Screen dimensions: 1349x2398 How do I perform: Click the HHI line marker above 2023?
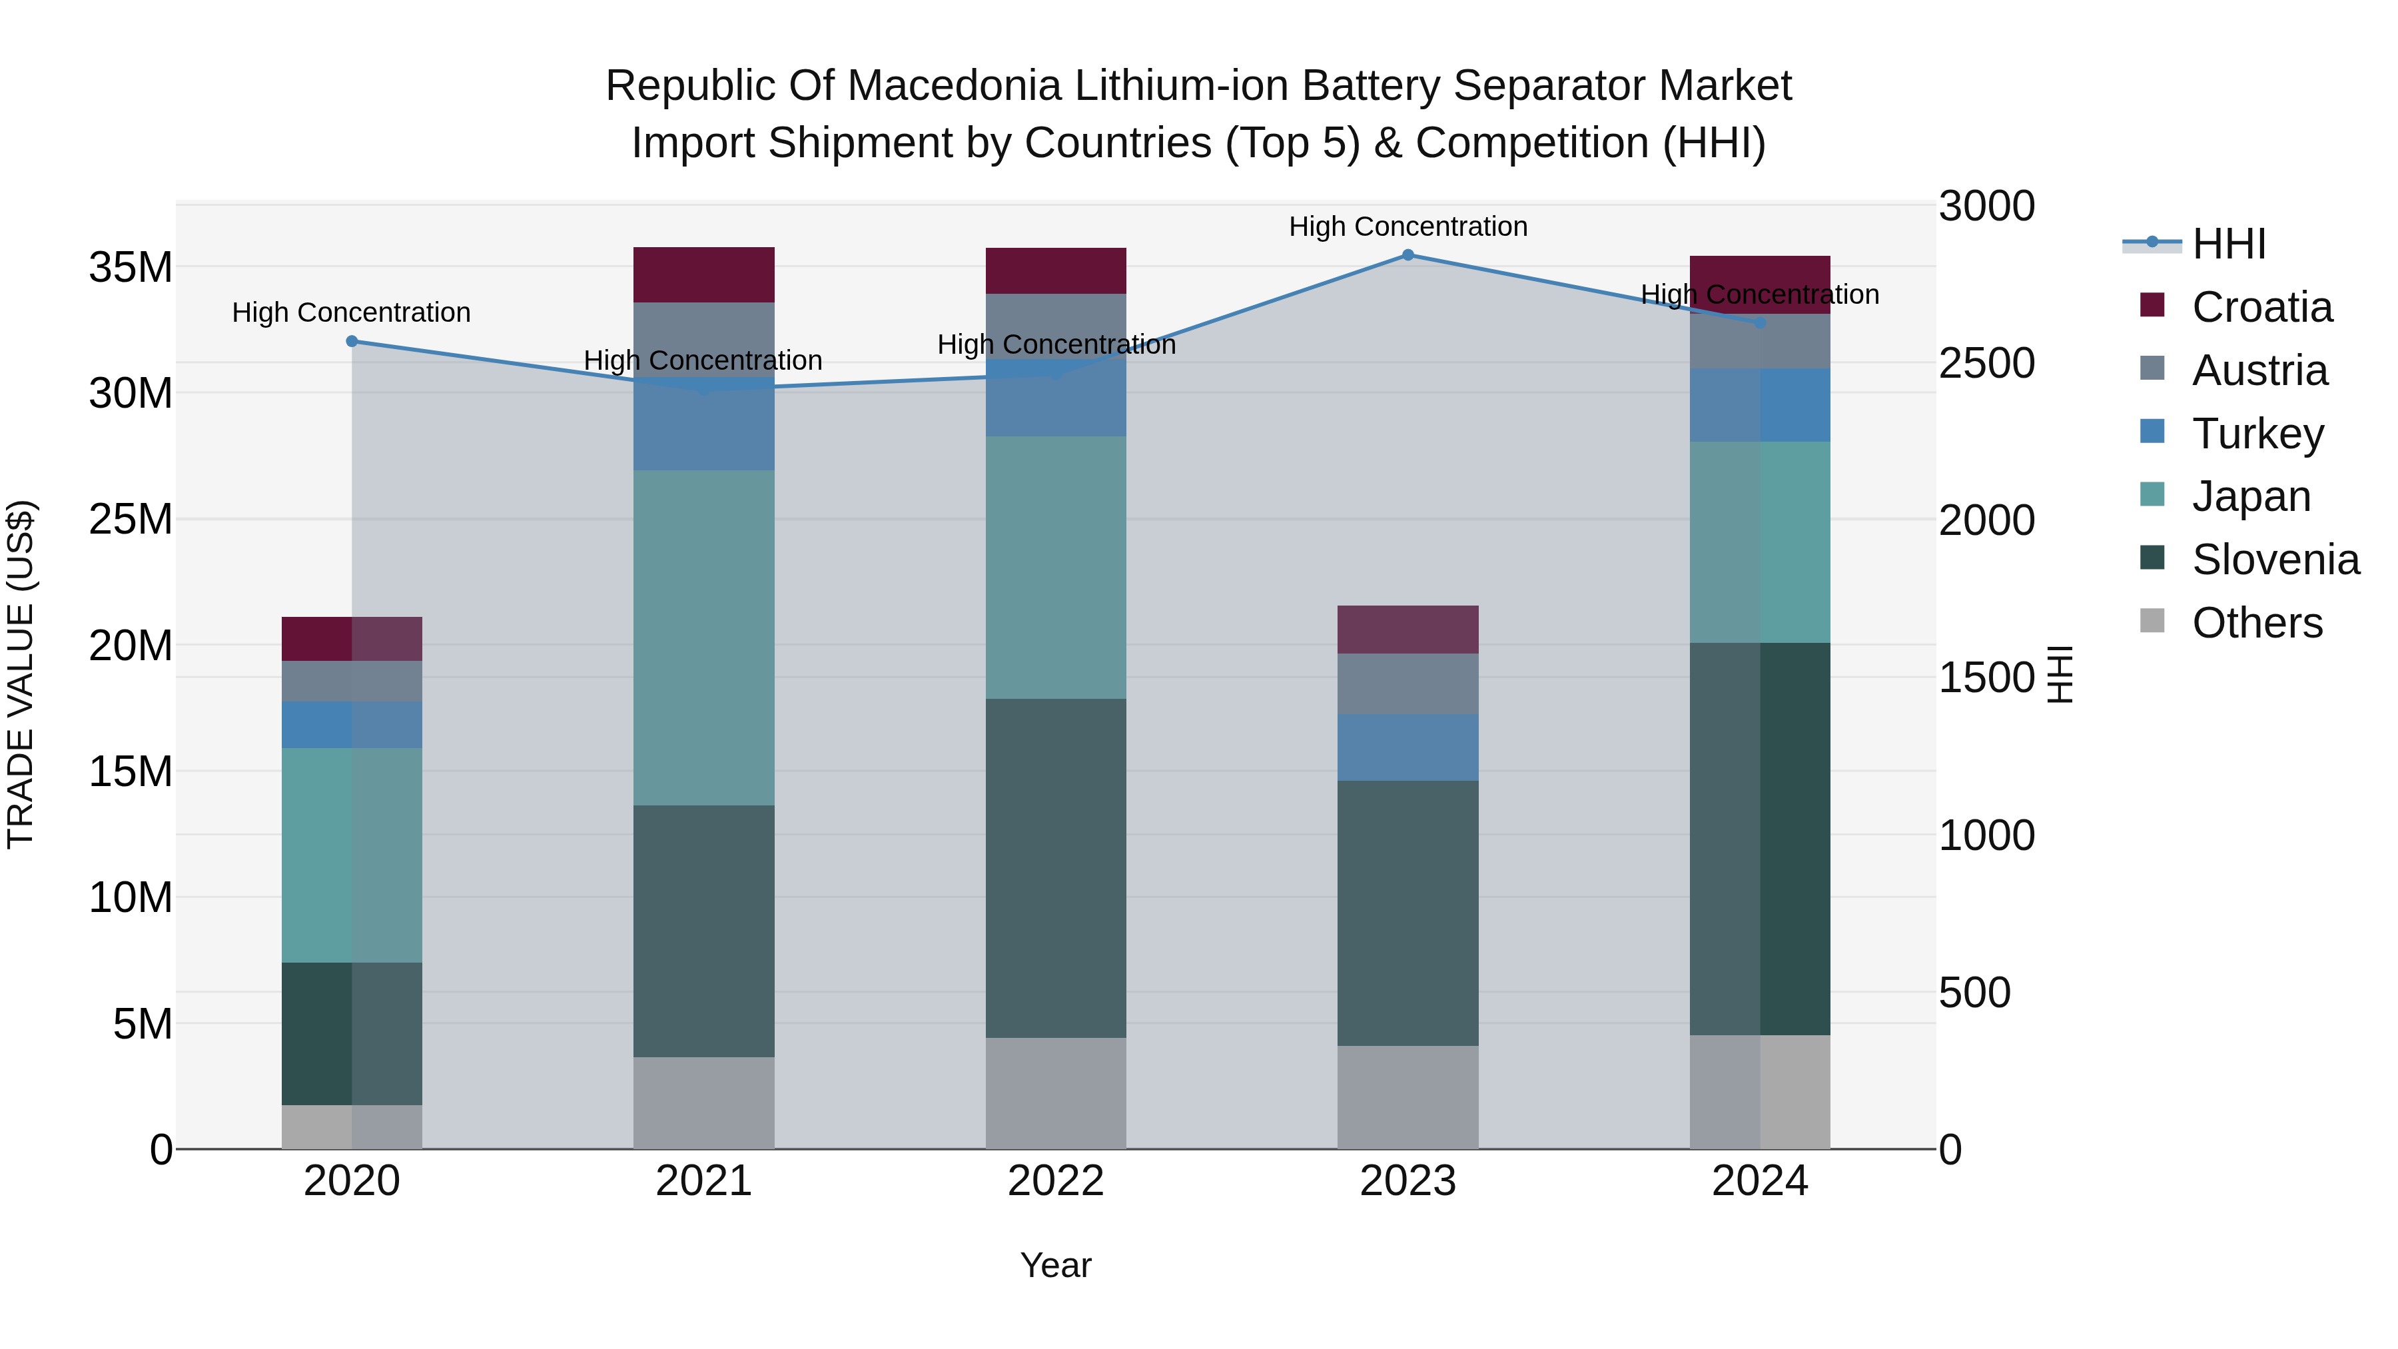coord(1407,255)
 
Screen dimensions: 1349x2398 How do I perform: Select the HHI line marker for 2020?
coord(352,342)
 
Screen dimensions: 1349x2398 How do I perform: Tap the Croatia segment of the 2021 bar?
coord(704,274)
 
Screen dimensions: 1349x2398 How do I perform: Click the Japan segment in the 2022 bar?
coord(1056,567)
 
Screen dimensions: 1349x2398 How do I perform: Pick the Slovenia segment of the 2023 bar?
coord(1407,913)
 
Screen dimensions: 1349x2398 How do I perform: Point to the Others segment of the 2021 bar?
coord(704,1103)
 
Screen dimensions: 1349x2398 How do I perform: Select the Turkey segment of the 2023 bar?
coord(1407,747)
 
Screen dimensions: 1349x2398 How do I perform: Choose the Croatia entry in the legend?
coord(2261,307)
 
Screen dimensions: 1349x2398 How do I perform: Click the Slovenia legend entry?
coord(2275,560)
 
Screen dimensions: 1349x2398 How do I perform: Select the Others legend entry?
coord(2257,623)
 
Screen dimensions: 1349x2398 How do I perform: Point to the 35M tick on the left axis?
coord(131,268)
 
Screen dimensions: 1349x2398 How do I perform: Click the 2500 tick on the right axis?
coord(1986,363)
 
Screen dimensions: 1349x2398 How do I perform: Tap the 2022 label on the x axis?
coord(1056,1181)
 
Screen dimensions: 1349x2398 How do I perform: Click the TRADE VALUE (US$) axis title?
coord(21,674)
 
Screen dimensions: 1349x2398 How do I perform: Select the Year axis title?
coord(1056,1265)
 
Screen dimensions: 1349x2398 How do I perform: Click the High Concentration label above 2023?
coord(1407,226)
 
